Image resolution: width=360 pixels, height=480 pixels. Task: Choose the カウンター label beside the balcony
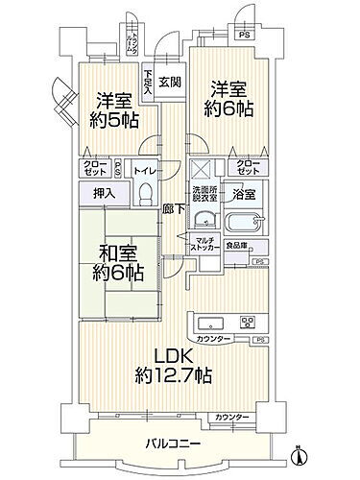pos(232,417)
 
